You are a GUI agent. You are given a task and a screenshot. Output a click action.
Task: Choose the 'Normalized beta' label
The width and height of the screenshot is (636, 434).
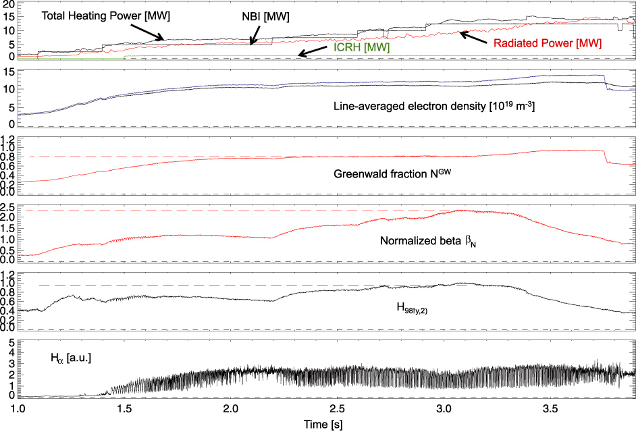(419, 240)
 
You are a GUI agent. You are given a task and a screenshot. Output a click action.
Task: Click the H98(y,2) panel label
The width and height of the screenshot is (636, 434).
(414, 308)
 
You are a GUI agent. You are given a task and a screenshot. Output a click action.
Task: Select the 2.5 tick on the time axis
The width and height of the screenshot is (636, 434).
(338, 409)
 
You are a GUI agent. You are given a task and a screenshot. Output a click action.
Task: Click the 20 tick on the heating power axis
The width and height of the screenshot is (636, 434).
(8, 5)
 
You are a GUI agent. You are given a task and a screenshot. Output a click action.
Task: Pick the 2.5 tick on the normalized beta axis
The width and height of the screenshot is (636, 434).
(7, 207)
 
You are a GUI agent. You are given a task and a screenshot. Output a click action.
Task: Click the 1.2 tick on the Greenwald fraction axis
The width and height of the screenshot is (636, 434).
(7, 139)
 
